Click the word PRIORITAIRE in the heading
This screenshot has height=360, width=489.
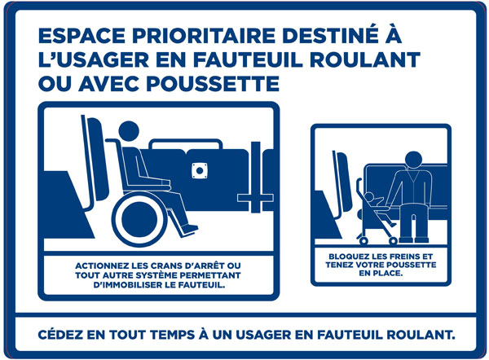(x=203, y=36)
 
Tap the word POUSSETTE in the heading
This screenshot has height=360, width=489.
(x=213, y=84)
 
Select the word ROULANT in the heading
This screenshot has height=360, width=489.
(x=365, y=59)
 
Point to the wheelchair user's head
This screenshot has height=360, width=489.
(x=129, y=131)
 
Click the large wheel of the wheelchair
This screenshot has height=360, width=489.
(x=139, y=219)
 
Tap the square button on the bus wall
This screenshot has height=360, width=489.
(x=200, y=170)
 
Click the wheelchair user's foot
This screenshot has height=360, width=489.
(x=190, y=229)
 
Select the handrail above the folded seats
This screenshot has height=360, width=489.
(x=186, y=143)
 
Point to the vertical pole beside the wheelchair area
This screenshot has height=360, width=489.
(x=256, y=177)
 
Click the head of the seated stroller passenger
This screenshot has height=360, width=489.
(x=413, y=160)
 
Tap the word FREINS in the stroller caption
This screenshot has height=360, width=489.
(x=401, y=257)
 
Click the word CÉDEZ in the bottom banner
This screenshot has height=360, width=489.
(x=60, y=335)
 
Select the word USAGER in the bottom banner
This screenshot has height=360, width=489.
(x=263, y=335)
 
